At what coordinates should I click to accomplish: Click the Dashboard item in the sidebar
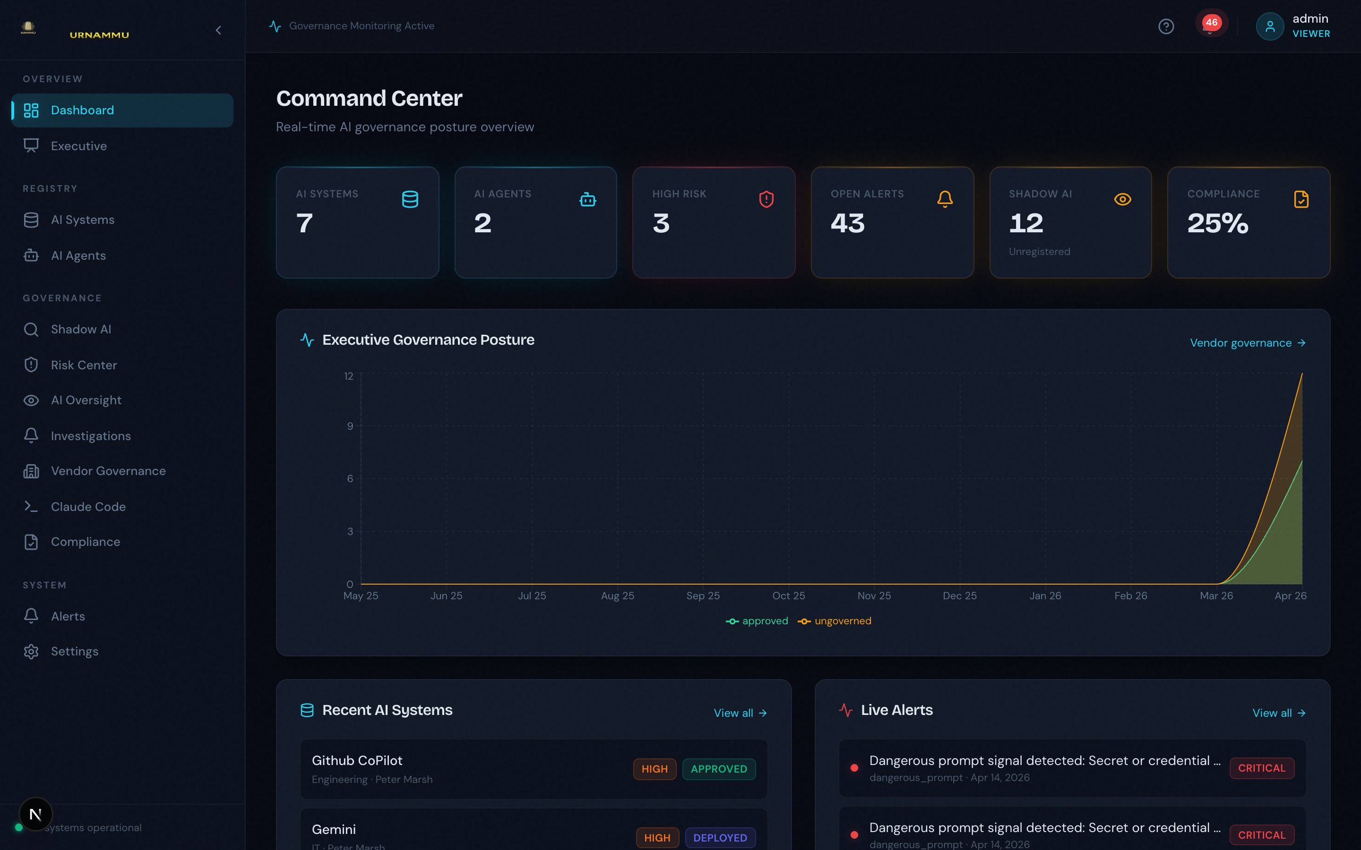82,110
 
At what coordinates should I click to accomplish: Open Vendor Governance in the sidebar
108,471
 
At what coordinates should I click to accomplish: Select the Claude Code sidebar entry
88,507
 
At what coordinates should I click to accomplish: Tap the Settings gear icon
31,652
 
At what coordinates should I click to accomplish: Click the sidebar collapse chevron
219,30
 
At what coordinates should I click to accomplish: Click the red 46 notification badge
1211,23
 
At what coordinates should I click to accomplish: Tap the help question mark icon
1166,26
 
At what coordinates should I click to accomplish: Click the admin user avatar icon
1269,26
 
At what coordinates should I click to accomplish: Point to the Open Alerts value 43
847,223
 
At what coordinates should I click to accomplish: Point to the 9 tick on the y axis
350,426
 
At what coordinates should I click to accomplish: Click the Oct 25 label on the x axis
788,595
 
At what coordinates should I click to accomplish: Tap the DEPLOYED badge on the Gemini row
720,838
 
